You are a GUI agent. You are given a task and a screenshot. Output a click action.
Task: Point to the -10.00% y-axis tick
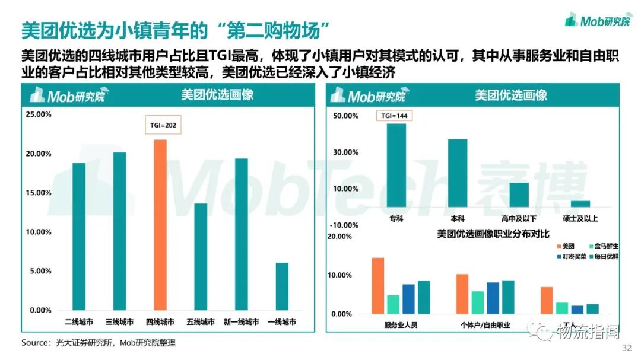tap(344, 225)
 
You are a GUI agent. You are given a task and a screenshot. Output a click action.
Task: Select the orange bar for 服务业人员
tap(377, 285)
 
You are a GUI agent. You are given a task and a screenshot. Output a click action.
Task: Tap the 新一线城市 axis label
tap(241, 322)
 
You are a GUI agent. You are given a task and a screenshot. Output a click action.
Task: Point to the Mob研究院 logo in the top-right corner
tap(597, 21)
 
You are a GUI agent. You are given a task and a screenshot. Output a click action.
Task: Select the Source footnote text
tap(99, 343)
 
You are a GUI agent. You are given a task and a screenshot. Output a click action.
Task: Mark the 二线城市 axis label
tap(79, 322)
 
